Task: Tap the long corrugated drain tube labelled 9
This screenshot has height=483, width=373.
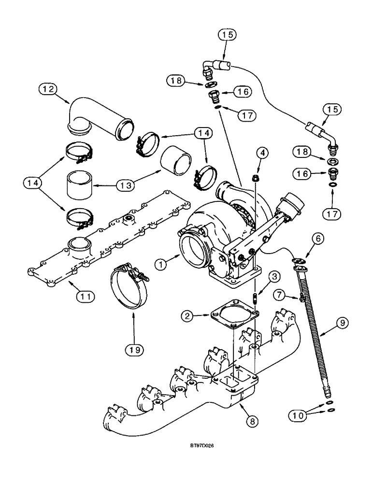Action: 312,328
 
